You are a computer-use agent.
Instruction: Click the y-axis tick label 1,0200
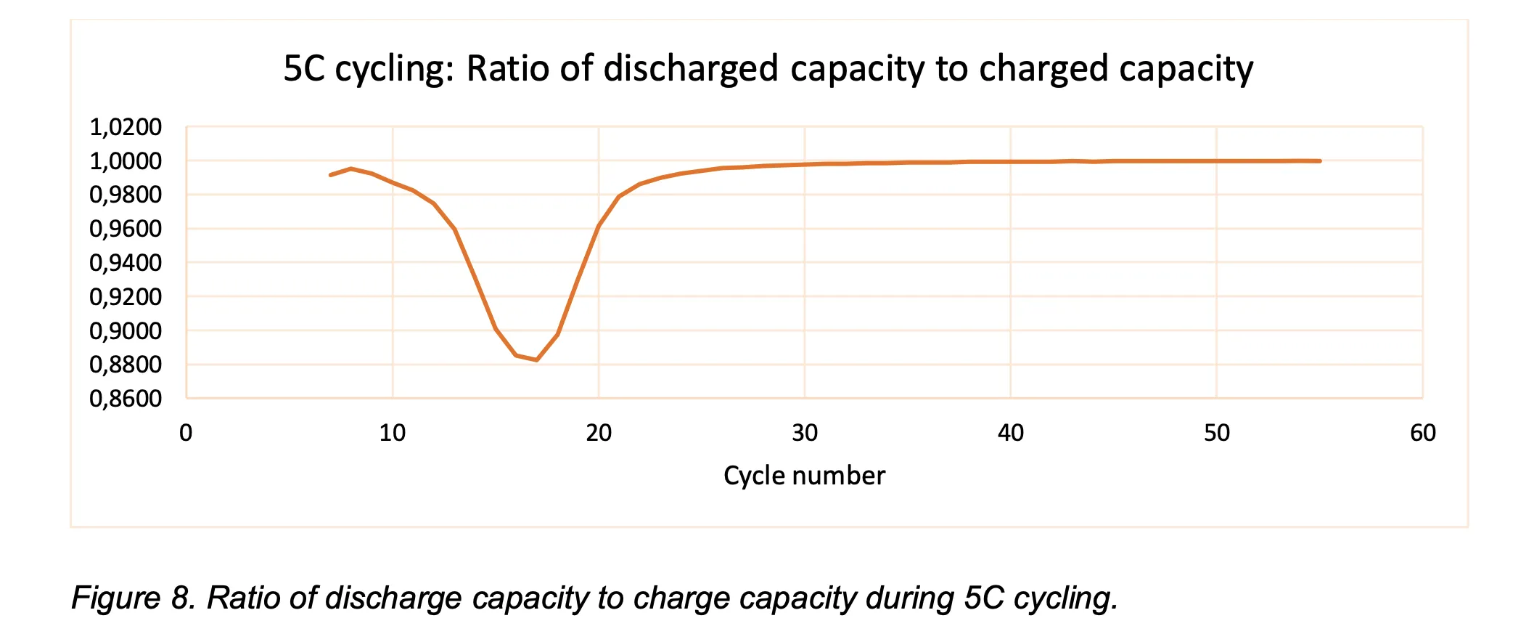tap(126, 127)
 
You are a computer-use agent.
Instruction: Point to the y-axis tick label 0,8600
tap(126, 399)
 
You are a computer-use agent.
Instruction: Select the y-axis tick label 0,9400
tap(126, 263)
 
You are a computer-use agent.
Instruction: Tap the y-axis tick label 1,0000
tap(126, 161)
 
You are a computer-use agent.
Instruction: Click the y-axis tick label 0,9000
tap(126, 331)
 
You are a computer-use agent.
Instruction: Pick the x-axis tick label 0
tap(186, 434)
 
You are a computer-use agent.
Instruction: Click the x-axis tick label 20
tap(599, 434)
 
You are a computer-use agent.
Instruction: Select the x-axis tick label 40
tap(1010, 434)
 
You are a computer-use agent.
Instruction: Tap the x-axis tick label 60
tap(1422, 434)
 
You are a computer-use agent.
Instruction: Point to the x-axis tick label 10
tap(393, 434)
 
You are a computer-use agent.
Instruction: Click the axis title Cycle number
tap(804, 476)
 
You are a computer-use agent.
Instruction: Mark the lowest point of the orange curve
tap(536, 359)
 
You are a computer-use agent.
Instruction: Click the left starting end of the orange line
tap(331, 175)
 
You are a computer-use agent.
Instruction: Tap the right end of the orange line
tap(1319, 161)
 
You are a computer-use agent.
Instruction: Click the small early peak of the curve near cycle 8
tap(351, 168)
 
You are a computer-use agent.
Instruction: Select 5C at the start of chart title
tap(305, 69)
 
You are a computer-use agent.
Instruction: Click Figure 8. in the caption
tap(134, 598)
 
